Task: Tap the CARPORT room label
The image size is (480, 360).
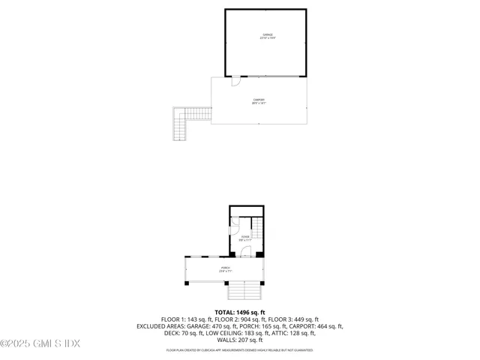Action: (x=259, y=101)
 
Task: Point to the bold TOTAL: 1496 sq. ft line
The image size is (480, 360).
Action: (x=240, y=312)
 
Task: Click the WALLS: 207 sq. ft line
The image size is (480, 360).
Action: (x=240, y=340)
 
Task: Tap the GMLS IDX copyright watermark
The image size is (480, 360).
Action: (x=40, y=344)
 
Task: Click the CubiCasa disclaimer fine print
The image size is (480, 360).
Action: (x=240, y=350)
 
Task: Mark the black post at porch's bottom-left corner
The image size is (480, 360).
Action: (x=187, y=283)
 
